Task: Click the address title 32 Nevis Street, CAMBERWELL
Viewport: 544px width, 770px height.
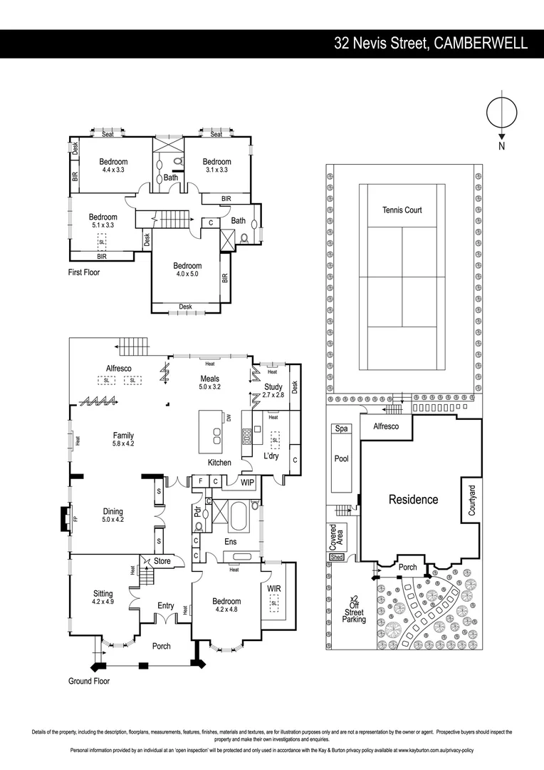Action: click(431, 43)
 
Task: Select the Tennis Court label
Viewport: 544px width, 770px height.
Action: click(402, 210)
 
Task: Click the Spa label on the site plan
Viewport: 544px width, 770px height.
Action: click(342, 429)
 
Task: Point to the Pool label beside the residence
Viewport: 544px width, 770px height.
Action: click(342, 458)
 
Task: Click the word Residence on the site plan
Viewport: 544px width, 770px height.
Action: click(413, 500)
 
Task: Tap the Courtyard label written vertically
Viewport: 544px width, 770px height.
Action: click(471, 500)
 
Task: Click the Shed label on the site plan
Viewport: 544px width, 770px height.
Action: click(337, 558)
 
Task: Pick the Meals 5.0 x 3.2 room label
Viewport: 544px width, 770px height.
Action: click(209, 383)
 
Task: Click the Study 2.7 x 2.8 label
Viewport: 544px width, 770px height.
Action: click(273, 390)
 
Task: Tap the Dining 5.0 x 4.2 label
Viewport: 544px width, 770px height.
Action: click(113, 515)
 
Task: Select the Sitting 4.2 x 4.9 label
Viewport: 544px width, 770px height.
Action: click(103, 597)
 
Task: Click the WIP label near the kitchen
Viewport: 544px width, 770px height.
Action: click(247, 483)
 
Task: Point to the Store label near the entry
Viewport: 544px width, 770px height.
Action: click(162, 562)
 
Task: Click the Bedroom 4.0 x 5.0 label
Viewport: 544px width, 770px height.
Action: click(187, 270)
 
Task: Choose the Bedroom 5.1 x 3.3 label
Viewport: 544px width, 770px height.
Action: click(103, 221)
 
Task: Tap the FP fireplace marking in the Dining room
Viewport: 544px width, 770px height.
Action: click(75, 516)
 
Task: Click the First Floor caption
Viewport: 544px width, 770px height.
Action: click(84, 272)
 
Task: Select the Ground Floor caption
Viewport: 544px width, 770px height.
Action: click(89, 681)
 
